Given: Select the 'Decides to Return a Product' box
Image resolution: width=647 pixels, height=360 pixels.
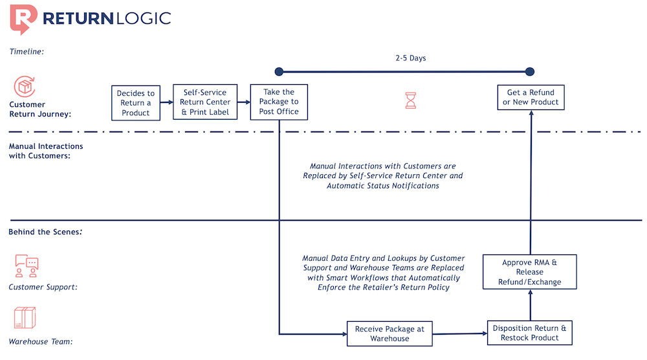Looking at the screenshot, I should [136, 103].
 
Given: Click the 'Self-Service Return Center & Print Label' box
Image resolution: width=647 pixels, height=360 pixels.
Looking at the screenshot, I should [205, 102].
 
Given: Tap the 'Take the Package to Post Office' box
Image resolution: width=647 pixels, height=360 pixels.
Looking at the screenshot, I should [279, 102].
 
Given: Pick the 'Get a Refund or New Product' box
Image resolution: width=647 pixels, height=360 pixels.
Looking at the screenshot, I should [531, 97].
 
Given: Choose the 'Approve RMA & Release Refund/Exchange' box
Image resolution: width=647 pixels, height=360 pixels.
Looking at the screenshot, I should [530, 272].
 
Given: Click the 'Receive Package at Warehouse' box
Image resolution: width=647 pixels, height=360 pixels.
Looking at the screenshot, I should [389, 333].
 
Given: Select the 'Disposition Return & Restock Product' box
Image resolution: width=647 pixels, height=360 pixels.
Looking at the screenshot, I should [530, 333].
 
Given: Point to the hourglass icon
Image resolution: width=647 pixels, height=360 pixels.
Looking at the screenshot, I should [411, 100].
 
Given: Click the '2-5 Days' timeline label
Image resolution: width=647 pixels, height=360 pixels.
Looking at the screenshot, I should [411, 58].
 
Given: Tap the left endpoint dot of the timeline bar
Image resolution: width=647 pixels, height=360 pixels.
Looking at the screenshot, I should [279, 71].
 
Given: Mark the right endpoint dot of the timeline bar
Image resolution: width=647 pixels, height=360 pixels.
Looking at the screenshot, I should [530, 71].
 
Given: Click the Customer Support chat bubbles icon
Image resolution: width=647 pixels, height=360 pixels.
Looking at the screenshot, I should [27, 265].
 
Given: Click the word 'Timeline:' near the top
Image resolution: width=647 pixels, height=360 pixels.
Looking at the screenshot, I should [27, 51].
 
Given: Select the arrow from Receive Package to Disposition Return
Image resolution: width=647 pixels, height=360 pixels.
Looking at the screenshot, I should [459, 334].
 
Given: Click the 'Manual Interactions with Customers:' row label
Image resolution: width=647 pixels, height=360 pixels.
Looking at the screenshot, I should [46, 151].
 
